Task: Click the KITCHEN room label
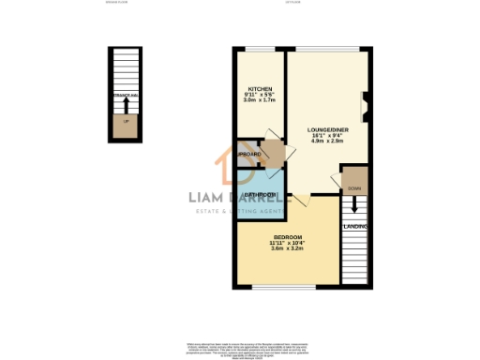click(x=259, y=89)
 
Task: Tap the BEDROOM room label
click(x=288, y=236)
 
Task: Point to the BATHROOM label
click(x=260, y=195)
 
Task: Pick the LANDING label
click(x=354, y=227)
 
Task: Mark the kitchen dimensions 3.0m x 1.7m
click(x=259, y=100)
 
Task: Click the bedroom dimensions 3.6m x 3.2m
click(x=288, y=247)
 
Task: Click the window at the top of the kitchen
click(x=259, y=48)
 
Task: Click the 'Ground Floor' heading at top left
click(x=118, y=4)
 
